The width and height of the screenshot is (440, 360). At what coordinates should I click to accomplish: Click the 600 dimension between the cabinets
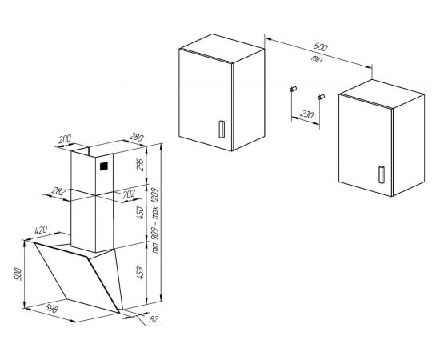click(x=320, y=47)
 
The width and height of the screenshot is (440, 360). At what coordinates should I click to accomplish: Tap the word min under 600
click(x=317, y=59)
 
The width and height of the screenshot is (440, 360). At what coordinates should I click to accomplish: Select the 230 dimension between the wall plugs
click(x=306, y=114)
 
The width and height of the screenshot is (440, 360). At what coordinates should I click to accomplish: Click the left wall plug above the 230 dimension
click(x=293, y=90)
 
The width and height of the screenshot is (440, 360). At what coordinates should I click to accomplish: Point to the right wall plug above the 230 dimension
click(x=321, y=97)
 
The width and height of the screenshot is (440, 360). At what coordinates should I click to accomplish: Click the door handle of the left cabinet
click(x=222, y=129)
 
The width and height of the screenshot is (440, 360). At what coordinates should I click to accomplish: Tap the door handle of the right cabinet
click(x=382, y=174)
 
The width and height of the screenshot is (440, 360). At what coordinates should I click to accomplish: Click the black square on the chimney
click(x=104, y=166)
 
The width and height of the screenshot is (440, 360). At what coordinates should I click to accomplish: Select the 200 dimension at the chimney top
click(x=65, y=139)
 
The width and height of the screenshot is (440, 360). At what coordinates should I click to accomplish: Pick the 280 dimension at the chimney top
click(x=136, y=138)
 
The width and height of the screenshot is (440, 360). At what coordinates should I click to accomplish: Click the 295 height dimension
click(x=139, y=165)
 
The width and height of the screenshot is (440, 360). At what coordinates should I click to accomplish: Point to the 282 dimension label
click(x=58, y=192)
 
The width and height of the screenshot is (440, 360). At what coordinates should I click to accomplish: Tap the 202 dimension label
click(x=129, y=194)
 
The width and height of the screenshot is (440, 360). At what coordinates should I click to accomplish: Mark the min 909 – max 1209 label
click(x=155, y=221)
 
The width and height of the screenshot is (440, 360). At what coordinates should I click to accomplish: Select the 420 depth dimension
click(x=41, y=230)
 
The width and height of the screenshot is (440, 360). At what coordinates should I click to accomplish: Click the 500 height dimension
click(x=18, y=274)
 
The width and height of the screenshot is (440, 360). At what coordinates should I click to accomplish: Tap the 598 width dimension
click(x=52, y=309)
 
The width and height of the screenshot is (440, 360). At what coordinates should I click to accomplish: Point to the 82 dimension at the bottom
click(x=154, y=319)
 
